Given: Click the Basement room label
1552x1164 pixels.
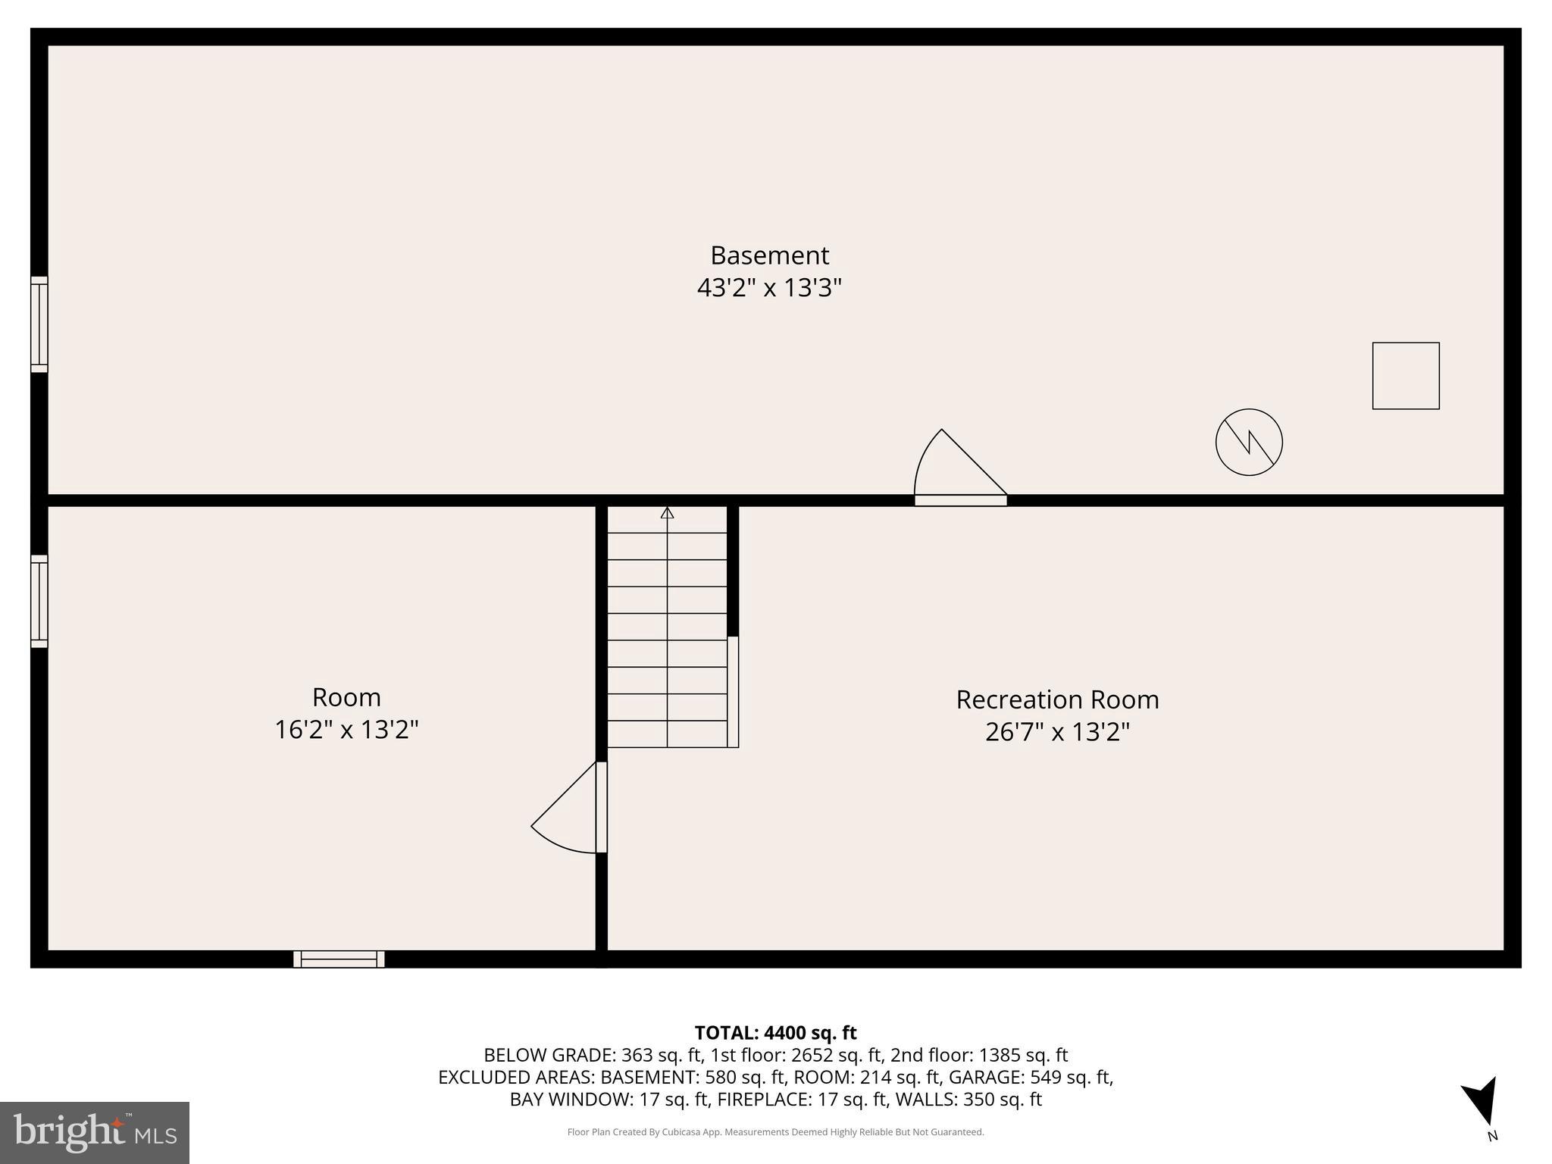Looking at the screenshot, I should point(769,255).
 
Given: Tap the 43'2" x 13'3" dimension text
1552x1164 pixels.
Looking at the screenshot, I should point(769,289).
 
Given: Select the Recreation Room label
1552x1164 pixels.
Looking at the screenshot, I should point(1057,699).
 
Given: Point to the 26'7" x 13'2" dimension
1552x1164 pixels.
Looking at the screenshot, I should point(1057,733).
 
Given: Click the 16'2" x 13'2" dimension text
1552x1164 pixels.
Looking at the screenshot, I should point(346,731).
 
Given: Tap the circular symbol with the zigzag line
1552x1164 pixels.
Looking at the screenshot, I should point(1249,443).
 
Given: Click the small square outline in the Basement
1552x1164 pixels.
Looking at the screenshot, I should point(1406,376).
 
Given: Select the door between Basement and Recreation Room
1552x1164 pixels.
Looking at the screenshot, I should point(960,499).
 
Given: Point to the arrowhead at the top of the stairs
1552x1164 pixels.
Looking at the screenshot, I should point(667,513).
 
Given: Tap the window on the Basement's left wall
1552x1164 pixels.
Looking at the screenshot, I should point(39,324).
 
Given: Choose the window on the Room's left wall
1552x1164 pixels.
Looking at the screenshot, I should point(39,602).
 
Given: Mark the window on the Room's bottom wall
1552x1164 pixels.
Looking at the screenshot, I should point(339,959).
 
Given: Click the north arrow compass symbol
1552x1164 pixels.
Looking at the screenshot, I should point(1482,1103).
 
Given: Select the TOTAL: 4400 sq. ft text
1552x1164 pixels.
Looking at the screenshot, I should point(775,1033).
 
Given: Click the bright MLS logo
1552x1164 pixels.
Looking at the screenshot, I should point(95,1132).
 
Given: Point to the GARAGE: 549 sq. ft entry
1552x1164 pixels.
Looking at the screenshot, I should point(1031,1077).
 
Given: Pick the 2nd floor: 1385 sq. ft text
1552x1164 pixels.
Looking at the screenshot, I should point(979,1055).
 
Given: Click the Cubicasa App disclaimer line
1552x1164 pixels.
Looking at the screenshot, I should point(775,1132).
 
